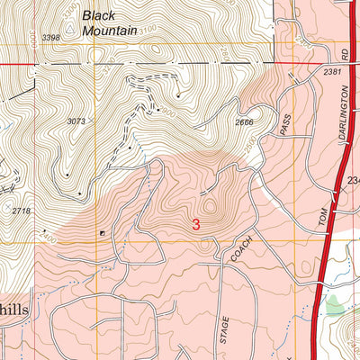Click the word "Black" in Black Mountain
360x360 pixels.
pos(101,14)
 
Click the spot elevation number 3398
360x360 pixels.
pos(52,37)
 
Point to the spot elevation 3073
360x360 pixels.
pos(78,121)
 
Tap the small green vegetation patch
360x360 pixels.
pos(336,309)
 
